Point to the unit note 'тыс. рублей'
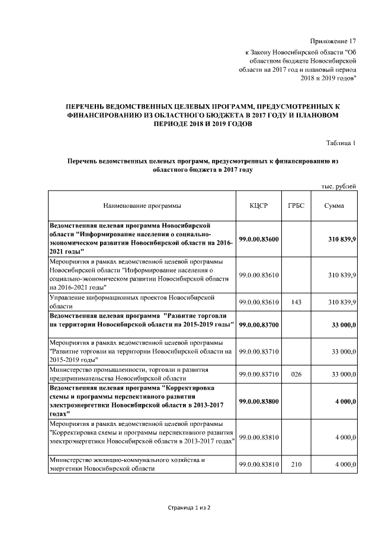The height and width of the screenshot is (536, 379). (x=339, y=187)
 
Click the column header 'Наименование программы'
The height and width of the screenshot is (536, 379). (x=142, y=206)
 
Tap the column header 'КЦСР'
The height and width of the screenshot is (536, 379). (x=259, y=206)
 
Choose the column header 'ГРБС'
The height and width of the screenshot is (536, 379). (x=296, y=206)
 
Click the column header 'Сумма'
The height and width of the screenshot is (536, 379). (x=335, y=206)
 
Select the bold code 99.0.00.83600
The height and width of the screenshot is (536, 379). (x=259, y=239)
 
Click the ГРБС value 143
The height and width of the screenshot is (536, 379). (x=296, y=302)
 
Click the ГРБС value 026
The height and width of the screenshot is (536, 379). (x=296, y=374)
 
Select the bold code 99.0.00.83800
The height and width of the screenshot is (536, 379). (x=259, y=402)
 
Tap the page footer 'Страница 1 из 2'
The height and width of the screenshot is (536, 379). (x=189, y=508)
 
